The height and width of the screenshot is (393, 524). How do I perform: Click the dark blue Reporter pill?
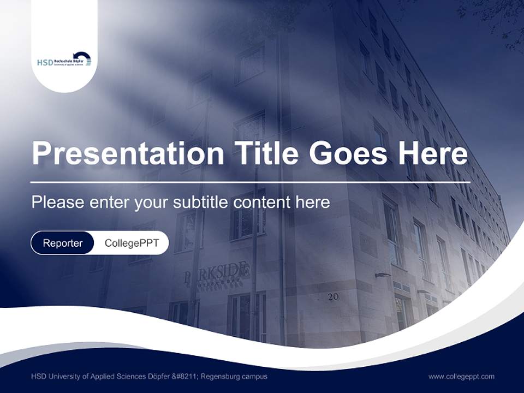[62, 243]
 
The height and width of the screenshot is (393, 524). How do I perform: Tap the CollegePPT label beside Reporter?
[132, 243]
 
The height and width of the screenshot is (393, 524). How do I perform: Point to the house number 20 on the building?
[334, 297]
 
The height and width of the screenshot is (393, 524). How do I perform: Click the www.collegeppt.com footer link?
[461, 376]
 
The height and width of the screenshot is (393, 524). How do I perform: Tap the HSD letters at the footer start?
[39, 376]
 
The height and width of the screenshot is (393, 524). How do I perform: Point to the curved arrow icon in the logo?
[82, 58]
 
